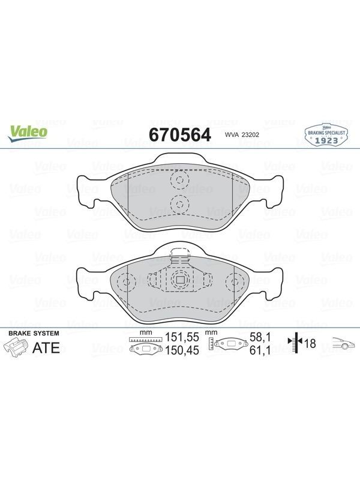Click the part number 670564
(x=180, y=134)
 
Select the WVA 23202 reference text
(x=242, y=134)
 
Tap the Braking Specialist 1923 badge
(x=326, y=135)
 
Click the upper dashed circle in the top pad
(x=180, y=179)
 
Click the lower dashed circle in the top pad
(x=180, y=203)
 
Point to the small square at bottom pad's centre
(x=180, y=280)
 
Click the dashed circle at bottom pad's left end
(x=126, y=282)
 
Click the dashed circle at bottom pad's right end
(x=235, y=282)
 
